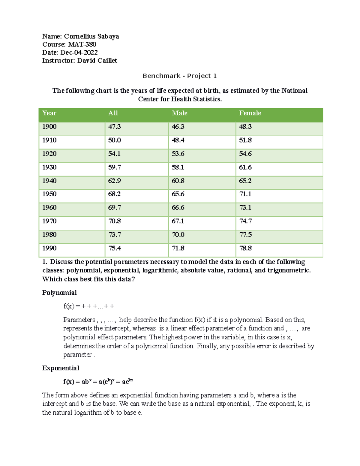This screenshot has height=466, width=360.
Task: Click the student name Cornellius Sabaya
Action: click(91, 36)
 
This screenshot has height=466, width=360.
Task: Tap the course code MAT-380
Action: click(82, 44)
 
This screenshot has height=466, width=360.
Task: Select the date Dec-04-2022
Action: click(79, 53)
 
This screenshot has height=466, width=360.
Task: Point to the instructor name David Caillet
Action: click(97, 61)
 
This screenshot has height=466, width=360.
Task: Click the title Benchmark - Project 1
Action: click(179, 76)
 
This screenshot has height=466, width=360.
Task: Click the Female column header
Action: click(250, 113)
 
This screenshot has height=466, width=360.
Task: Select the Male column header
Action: click(179, 113)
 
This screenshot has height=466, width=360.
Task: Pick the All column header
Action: click(113, 113)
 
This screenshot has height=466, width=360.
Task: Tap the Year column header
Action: click(49, 113)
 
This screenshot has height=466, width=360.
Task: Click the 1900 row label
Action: click(49, 127)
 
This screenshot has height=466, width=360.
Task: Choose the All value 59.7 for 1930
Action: click(115, 167)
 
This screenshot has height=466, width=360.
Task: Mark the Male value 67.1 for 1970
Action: click(178, 221)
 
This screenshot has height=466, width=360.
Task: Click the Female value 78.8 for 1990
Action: click(245, 248)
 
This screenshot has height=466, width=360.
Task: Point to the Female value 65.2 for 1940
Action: click(245, 181)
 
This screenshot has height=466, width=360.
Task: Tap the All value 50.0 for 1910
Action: click(115, 140)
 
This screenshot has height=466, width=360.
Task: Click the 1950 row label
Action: click(49, 194)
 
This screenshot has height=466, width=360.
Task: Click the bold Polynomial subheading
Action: click(59, 293)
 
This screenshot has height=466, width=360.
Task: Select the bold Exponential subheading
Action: click(61, 368)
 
